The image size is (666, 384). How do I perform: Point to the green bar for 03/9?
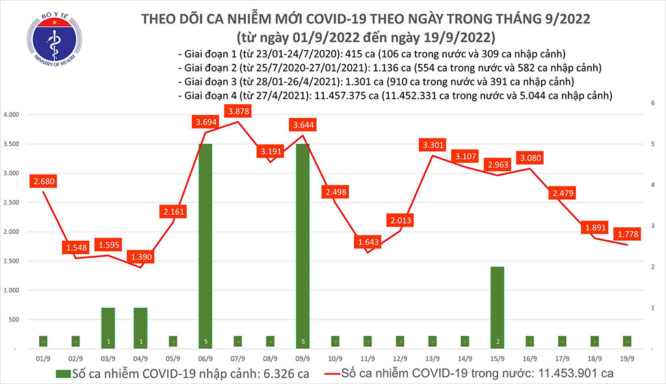(x=108, y=328)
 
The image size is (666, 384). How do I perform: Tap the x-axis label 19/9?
(x=626, y=358)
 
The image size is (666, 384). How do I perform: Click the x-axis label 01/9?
(x=43, y=358)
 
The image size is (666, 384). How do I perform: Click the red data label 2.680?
(x=43, y=182)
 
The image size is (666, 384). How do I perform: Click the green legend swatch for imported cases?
(x=63, y=374)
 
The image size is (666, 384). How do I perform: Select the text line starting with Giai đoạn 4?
(x=395, y=95)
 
